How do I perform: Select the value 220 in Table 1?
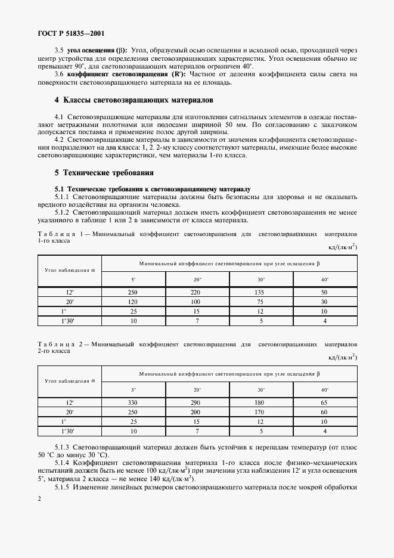pos(196,293)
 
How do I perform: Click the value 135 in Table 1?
pos(259,293)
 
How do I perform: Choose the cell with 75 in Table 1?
pos(259,302)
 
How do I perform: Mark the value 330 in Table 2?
pos(133,402)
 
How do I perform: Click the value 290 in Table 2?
pos(196,402)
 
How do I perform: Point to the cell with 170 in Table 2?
pos(259,412)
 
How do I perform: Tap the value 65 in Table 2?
pos(325,402)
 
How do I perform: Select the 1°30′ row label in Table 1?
pos(70,321)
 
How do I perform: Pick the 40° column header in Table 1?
pos(325,279)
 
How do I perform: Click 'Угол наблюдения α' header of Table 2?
pos(70,380)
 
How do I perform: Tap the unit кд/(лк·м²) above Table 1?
pos(343,246)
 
